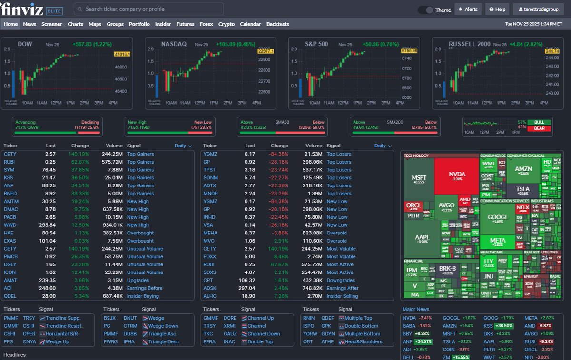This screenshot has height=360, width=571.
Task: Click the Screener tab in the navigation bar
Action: (51, 24)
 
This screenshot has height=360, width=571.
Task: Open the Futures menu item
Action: (185, 24)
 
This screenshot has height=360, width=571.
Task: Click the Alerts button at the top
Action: (468, 10)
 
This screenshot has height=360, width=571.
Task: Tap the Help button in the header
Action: (497, 10)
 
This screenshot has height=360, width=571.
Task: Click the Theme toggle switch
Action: (425, 10)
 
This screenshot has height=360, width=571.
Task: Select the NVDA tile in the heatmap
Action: (457, 175)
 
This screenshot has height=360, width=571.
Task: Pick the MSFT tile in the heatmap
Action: (419, 178)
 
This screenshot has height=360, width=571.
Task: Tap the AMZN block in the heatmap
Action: (523, 169)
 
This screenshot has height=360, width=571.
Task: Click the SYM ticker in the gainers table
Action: (9, 170)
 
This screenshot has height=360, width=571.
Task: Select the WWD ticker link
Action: (10, 225)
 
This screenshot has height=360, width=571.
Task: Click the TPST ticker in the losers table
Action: (210, 170)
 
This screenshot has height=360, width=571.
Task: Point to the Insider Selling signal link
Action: (343, 296)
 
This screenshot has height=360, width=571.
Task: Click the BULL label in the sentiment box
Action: (539, 122)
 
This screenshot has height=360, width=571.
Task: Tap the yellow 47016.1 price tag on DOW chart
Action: (122, 55)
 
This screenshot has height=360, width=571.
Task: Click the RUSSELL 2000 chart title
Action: (469, 44)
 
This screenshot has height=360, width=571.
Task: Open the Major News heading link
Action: (416, 309)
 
